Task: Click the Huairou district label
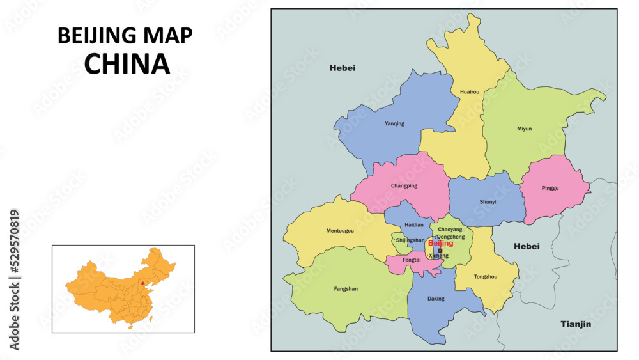(469, 92)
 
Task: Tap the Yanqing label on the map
(394, 123)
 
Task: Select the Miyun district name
(524, 129)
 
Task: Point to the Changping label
(404, 186)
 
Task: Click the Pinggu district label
(550, 189)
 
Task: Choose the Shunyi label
(488, 202)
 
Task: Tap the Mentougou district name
(340, 230)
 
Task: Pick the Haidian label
(413, 225)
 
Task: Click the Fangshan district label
(346, 289)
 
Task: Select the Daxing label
(436, 299)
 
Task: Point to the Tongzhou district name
(486, 277)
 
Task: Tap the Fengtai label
(412, 260)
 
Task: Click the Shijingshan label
(410, 240)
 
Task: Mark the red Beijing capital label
(440, 244)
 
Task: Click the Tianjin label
(576, 324)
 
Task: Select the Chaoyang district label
(450, 229)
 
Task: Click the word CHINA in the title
(127, 63)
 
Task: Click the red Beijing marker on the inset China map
(142, 282)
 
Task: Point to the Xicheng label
(438, 256)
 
